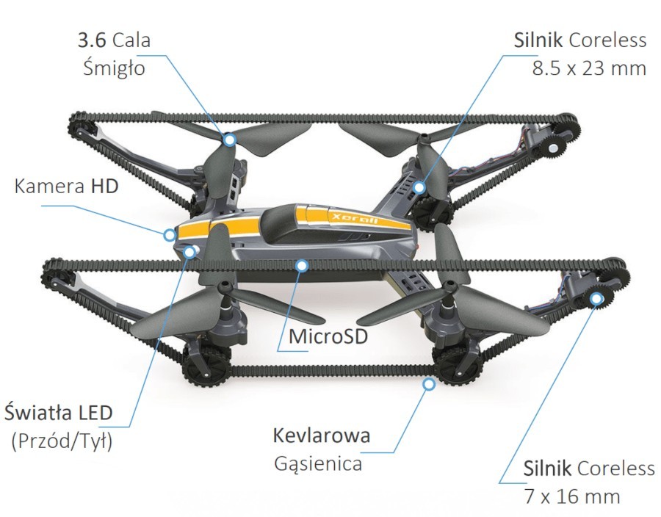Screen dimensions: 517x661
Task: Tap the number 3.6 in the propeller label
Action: pos(93,40)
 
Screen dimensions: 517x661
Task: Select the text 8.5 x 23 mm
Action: pos(588,68)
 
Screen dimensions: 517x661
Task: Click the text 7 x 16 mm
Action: pos(573,496)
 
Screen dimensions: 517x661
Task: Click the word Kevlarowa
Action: pos(322,435)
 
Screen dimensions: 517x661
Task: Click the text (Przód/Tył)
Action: pos(62,441)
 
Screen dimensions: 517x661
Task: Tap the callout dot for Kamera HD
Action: pos(170,235)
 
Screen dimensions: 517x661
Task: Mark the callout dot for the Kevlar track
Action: pos(429,383)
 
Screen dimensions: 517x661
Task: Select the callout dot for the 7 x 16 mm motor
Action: pos(597,298)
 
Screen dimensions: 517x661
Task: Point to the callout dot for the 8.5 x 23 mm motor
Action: pos(419,188)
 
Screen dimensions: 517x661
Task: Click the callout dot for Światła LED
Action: pos(190,253)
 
